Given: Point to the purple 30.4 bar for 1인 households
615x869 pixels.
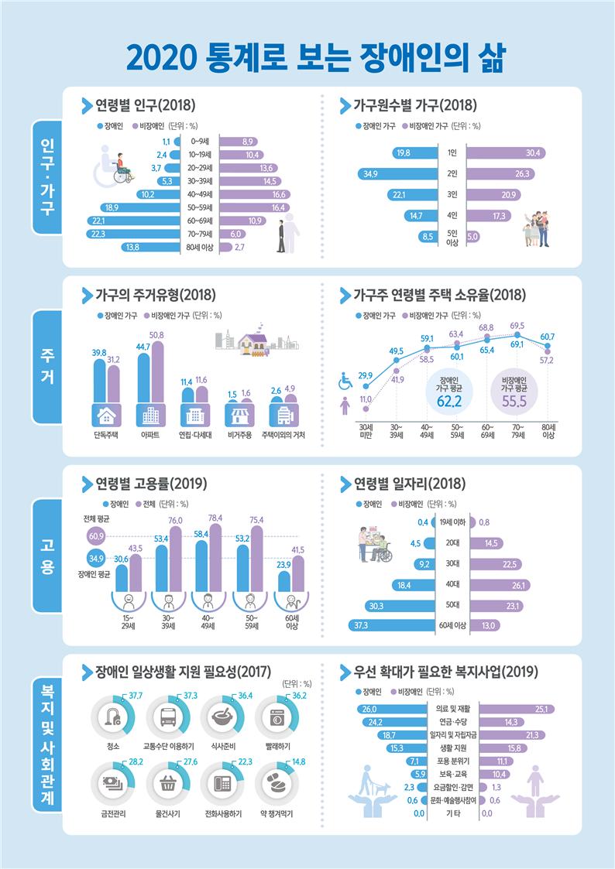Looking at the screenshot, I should tap(507, 152).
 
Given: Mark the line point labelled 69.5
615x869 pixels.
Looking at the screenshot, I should tap(517, 335).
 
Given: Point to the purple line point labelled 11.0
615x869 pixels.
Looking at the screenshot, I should tap(365, 409).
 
